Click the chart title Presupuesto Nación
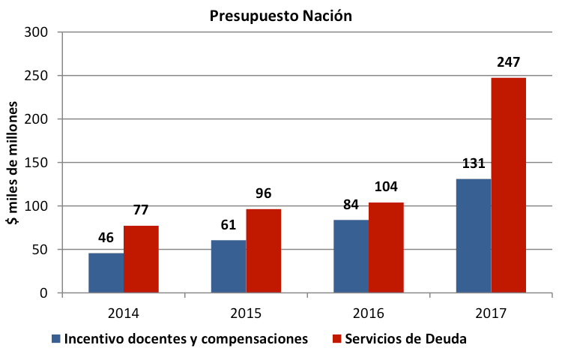click(x=280, y=15)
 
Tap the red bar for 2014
click(x=141, y=259)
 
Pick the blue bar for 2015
click(x=229, y=266)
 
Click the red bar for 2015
click(x=264, y=250)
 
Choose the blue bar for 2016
click(x=351, y=256)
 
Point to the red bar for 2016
click(x=386, y=247)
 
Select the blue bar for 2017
click(x=474, y=236)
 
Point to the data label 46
click(x=106, y=238)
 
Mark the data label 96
click(x=264, y=194)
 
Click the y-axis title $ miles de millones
click(x=13, y=162)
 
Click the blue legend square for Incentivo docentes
click(x=56, y=339)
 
